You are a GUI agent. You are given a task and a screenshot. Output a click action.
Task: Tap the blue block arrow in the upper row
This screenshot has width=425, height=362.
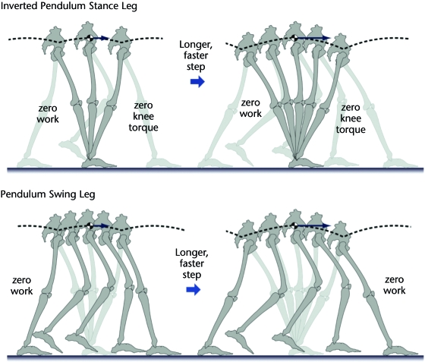(197, 81)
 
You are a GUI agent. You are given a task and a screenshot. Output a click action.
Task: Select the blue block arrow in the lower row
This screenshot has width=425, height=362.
(194, 290)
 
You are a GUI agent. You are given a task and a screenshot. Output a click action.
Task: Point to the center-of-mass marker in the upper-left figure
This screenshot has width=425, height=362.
(90, 38)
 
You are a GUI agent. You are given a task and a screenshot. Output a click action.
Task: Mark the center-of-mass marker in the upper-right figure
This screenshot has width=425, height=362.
(295, 38)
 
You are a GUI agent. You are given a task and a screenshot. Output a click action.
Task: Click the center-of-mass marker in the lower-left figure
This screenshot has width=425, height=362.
(90, 225)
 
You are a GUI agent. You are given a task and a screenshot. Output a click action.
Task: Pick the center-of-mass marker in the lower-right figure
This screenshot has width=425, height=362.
(295, 225)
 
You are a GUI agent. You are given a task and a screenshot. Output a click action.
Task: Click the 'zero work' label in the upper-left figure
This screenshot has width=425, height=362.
(48, 114)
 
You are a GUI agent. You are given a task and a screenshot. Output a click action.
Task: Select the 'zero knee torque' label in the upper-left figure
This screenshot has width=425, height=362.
(143, 117)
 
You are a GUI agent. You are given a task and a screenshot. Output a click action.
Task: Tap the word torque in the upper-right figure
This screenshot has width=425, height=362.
(351, 130)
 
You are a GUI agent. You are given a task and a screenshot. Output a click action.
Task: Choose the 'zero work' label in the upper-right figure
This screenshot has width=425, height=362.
(250, 108)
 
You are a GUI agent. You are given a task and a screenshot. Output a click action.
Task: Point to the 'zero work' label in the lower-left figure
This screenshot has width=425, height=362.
(22, 285)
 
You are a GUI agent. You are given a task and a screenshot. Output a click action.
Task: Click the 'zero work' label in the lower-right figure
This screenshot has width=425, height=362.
(395, 285)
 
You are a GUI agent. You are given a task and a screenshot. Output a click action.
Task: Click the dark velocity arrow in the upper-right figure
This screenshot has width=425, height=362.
(314, 38)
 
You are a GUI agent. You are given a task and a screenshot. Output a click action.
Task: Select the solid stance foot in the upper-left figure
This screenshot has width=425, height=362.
(99, 163)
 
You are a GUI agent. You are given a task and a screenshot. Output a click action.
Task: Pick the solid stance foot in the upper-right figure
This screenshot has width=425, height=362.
(306, 163)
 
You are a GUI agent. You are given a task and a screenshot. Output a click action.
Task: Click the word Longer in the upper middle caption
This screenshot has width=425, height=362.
(196, 45)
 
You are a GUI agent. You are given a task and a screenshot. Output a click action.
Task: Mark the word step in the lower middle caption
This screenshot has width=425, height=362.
(191, 275)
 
